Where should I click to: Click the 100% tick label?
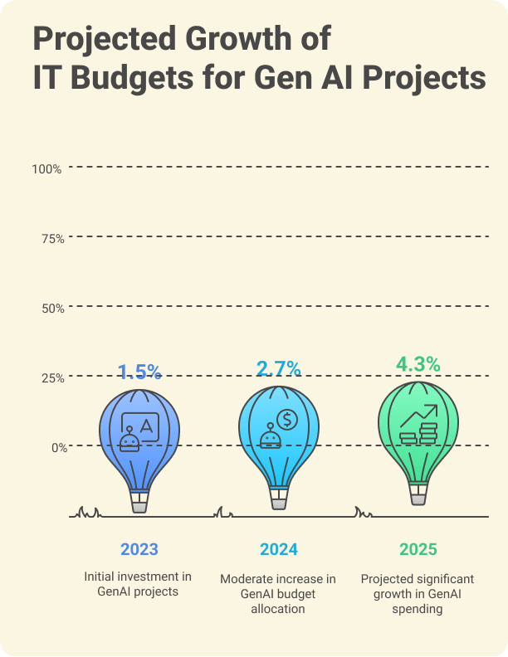46,168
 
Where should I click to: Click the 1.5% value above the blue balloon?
139,372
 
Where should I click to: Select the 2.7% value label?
278,368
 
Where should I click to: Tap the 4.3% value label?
418,364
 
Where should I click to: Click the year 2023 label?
139,549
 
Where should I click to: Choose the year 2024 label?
278,549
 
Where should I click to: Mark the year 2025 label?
418,549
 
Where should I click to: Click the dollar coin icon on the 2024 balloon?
287,419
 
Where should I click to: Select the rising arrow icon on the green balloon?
426,412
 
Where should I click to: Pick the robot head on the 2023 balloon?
129,440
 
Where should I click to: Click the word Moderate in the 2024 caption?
247,578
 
